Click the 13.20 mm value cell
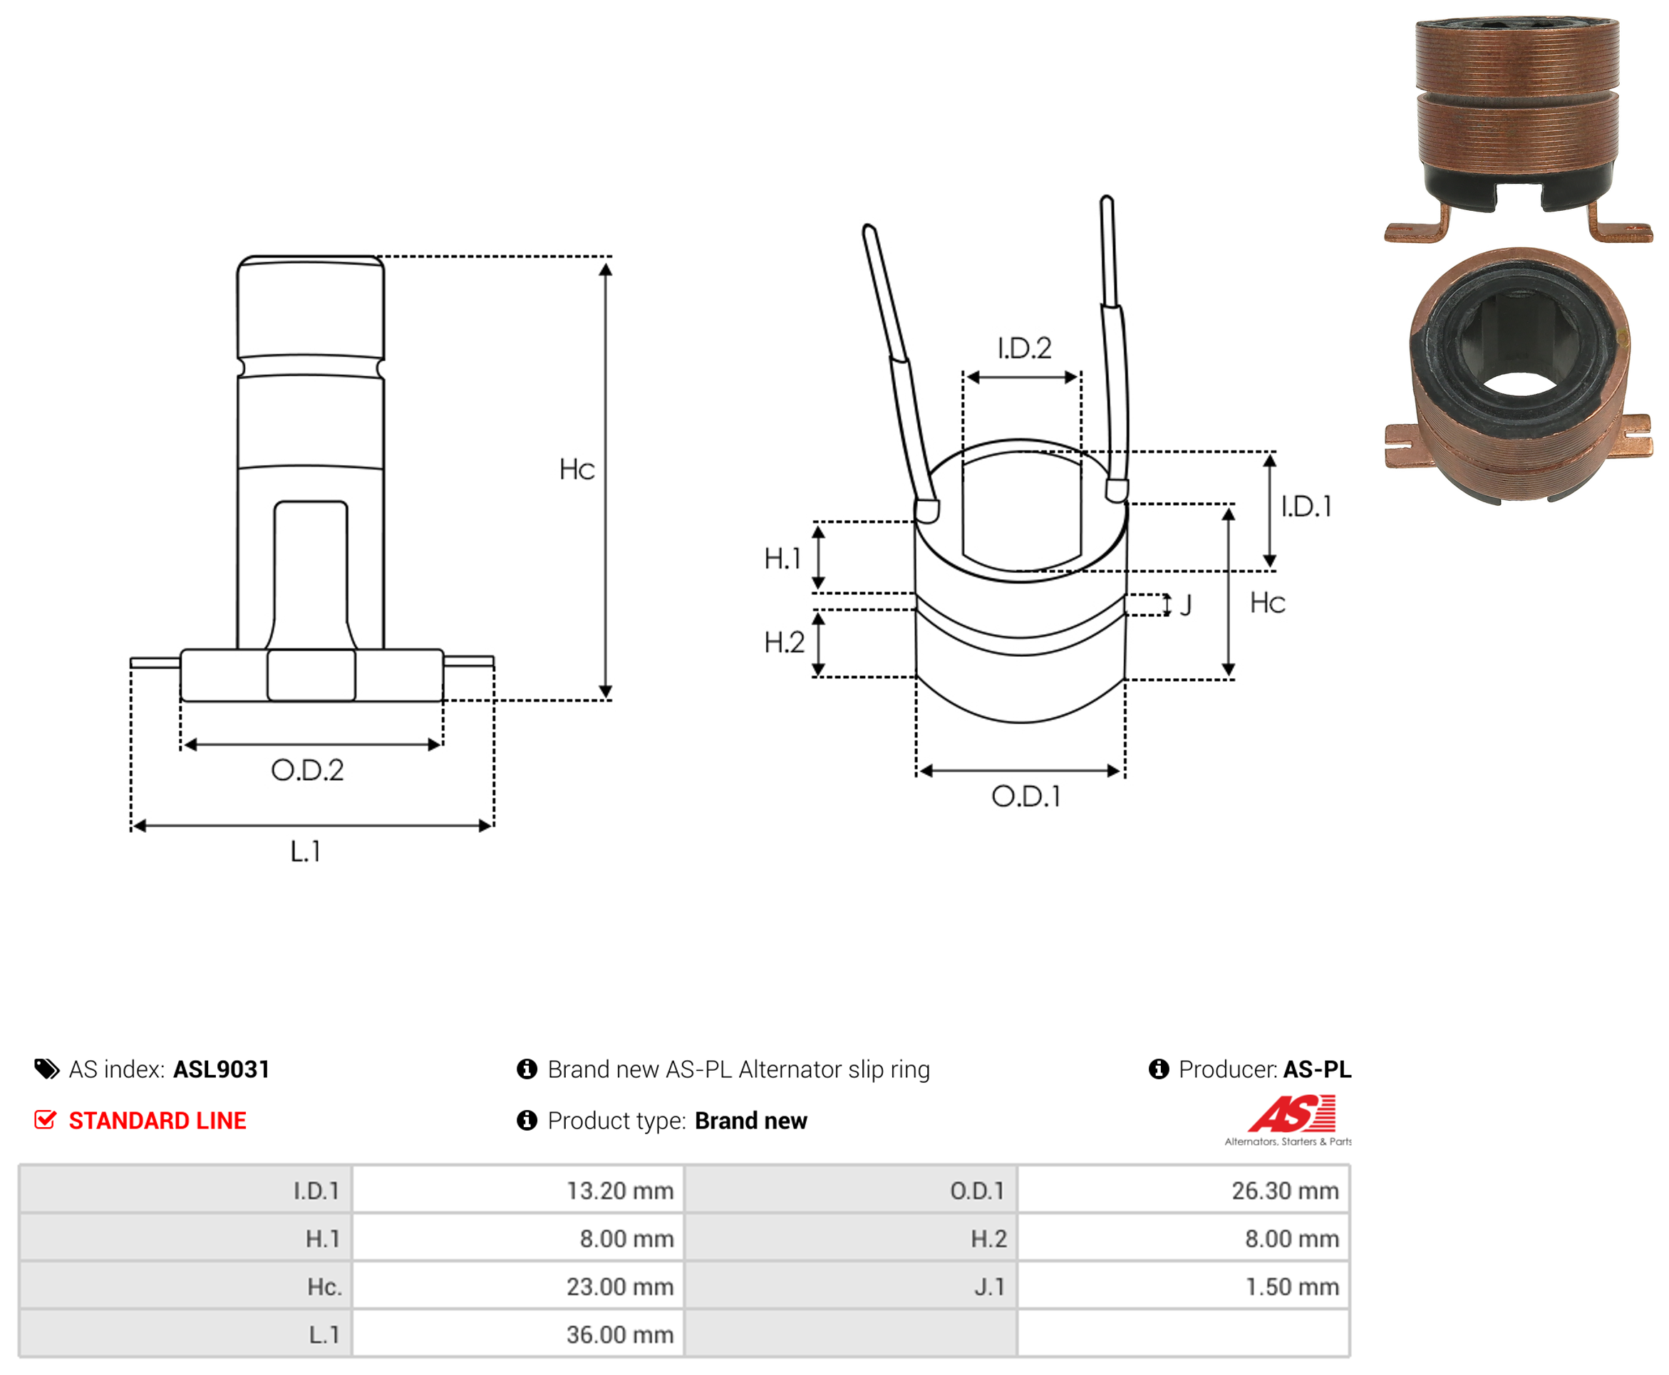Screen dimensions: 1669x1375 click(x=518, y=1190)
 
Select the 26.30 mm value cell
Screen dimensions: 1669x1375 click(x=1184, y=1190)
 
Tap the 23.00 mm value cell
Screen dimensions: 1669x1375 click(x=518, y=1285)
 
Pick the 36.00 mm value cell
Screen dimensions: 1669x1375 click(x=518, y=1334)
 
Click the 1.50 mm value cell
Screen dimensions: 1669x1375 click(x=1184, y=1285)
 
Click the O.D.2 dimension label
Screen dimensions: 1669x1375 click(x=307, y=770)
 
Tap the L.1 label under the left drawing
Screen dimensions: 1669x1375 click(x=305, y=851)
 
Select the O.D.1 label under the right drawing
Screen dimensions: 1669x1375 click(x=1025, y=796)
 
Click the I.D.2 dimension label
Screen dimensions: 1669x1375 click(x=1024, y=348)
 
